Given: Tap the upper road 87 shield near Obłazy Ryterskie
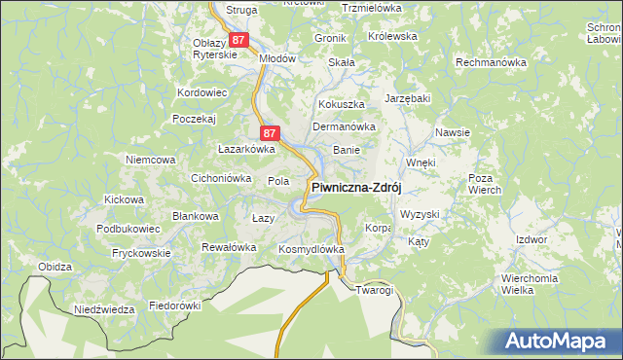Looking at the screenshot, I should pyautogui.click(x=240, y=40).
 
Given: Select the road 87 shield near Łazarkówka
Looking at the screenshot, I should pyautogui.click(x=271, y=131).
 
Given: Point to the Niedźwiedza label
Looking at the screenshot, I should pyautogui.click(x=104, y=309).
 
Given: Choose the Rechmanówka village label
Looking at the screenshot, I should pyautogui.click(x=492, y=61).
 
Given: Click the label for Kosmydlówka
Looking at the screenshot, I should pyautogui.click(x=312, y=249).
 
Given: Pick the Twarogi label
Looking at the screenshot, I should pyautogui.click(x=375, y=290).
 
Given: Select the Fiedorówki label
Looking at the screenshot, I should pyautogui.click(x=174, y=305).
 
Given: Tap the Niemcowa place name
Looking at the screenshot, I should pyautogui.click(x=150, y=159).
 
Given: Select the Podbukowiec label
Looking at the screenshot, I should pyautogui.click(x=128, y=229).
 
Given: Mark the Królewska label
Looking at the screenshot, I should pyautogui.click(x=393, y=36).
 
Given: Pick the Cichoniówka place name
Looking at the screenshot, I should pyautogui.click(x=221, y=178).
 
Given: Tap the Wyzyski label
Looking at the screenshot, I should pyautogui.click(x=421, y=213).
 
